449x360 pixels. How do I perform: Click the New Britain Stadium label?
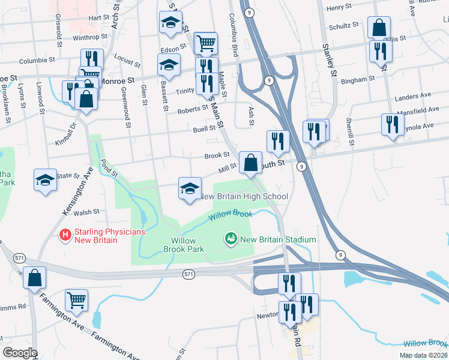click(278, 239)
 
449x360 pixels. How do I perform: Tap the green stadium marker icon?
click(230, 239)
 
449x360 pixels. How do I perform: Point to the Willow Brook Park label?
click(184, 245)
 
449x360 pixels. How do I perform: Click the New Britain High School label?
click(243, 196)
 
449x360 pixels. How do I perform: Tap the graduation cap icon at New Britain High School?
click(189, 188)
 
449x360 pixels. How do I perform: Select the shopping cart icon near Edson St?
click(206, 43)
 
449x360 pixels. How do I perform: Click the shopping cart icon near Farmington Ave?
click(76, 299)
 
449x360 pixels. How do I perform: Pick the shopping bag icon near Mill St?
click(250, 162)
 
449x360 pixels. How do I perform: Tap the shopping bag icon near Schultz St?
click(379, 27)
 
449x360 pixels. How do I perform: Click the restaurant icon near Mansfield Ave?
click(392, 125)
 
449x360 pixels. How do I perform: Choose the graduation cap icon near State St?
click(46, 179)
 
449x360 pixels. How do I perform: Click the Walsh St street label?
click(86, 212)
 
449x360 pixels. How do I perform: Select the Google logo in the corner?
click(20, 353)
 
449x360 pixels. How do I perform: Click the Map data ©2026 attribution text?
click(423, 355)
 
